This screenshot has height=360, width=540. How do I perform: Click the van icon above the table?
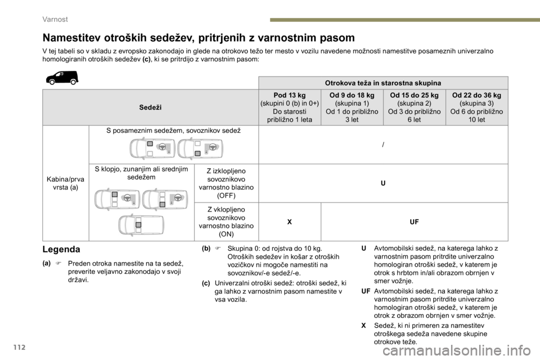pos(62,78)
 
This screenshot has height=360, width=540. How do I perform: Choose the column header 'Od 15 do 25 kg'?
pos(414,96)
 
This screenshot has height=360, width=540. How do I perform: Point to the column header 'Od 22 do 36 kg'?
pos(476,96)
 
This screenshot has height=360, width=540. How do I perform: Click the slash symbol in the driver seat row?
pos(383,145)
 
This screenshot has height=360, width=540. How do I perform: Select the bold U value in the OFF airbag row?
pos(383,183)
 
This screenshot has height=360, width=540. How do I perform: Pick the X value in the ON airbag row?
pos(289,222)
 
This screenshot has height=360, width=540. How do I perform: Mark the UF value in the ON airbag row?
pos(414,222)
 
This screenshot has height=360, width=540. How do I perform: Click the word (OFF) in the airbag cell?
pos(226,195)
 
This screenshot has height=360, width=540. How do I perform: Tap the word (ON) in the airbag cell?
pos(227,233)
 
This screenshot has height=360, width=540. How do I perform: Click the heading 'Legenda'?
pos(61,249)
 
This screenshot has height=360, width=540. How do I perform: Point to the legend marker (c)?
pos(206,282)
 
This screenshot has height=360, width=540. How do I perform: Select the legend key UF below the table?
pos(366,291)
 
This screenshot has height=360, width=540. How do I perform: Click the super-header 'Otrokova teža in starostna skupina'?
pos(382,83)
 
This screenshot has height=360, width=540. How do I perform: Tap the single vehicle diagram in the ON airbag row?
pos(141,225)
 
